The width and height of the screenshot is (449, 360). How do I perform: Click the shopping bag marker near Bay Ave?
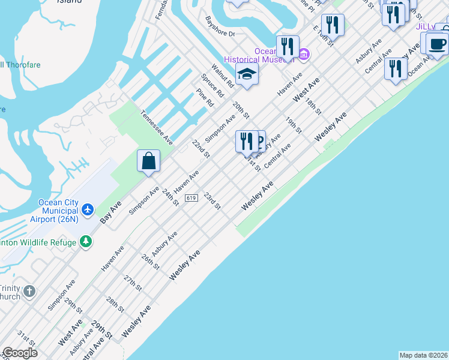[x=148, y=161]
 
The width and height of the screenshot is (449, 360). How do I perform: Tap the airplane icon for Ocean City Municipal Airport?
[x=88, y=209]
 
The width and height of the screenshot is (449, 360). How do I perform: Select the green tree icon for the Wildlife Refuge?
[x=86, y=242]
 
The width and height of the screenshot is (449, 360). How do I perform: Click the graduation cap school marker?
[x=246, y=74]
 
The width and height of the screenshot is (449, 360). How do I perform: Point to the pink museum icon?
[x=304, y=55]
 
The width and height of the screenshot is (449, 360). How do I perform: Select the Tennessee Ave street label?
[x=157, y=127]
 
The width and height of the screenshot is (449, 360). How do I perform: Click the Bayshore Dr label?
[x=220, y=26]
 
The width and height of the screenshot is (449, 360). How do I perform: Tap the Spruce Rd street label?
[x=212, y=86]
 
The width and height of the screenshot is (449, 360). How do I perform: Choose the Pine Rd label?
[x=205, y=98]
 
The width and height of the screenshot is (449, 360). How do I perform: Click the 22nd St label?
[x=200, y=149]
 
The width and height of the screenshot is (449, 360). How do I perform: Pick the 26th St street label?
[x=150, y=262]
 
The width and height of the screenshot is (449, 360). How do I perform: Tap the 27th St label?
[x=132, y=284]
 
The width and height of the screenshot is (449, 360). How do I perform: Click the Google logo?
[x=19, y=353]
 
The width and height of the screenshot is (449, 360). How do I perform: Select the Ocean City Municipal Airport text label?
[x=58, y=211]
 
